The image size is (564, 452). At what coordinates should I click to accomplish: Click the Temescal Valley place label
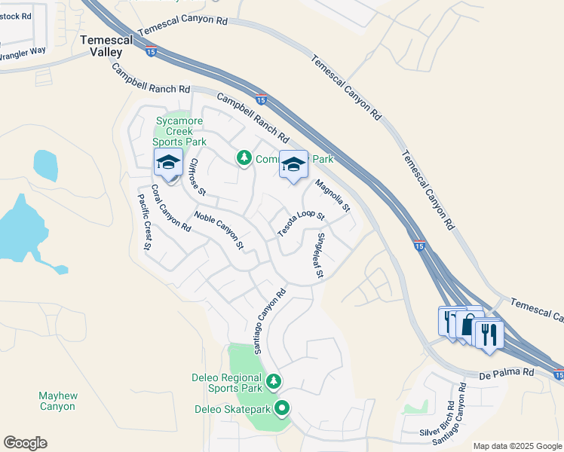click(x=101, y=44)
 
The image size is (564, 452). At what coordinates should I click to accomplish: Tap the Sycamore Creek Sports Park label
click(x=179, y=131)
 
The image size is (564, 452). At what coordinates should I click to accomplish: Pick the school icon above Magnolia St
click(x=293, y=165)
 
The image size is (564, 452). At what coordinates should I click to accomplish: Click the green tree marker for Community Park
click(x=244, y=157)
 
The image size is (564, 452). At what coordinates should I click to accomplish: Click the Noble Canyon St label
click(x=219, y=229)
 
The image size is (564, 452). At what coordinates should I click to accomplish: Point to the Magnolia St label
click(x=333, y=194)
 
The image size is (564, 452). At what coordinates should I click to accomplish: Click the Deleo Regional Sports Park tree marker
click(x=274, y=381)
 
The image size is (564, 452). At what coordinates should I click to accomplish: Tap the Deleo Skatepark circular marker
click(x=283, y=409)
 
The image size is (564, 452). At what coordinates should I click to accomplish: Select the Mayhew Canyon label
click(x=57, y=401)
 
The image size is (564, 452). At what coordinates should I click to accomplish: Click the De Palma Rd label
click(x=507, y=373)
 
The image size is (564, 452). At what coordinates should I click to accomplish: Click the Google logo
click(x=25, y=443)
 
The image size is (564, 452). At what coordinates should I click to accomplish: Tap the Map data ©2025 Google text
click(x=517, y=446)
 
